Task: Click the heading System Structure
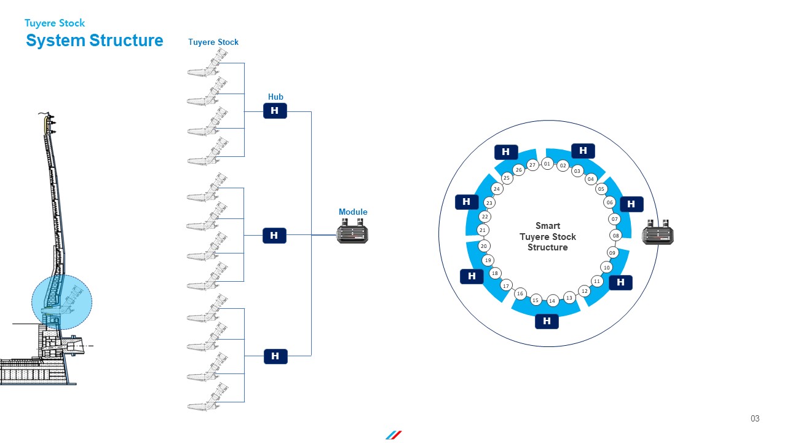95,41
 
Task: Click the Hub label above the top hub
275,97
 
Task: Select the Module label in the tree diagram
353,212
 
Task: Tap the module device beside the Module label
352,231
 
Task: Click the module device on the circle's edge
658,232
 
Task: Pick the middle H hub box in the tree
274,236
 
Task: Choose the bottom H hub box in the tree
275,356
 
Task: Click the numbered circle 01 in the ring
547,164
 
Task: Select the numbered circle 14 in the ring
552,301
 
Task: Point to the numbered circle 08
615,236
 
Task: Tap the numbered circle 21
483,230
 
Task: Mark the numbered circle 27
532,164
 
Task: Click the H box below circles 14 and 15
547,321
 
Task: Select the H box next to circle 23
467,202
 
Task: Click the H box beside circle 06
631,204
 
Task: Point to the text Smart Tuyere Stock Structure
548,236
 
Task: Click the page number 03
755,418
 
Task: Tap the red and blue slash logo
393,435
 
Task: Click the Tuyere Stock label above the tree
213,42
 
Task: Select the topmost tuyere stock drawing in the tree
208,63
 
